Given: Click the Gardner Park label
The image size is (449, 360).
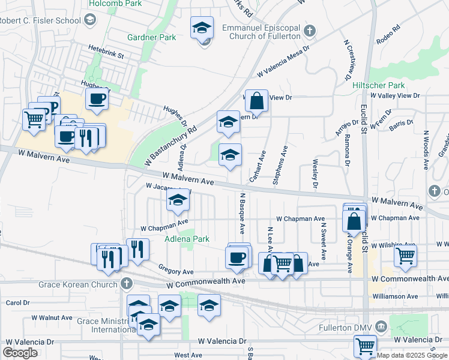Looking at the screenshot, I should [151, 37].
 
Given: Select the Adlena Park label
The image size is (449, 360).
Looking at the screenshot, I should [187, 239].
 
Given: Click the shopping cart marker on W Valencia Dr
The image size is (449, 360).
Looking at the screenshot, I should [366, 346].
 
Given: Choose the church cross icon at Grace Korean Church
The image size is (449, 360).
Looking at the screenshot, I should [126, 283].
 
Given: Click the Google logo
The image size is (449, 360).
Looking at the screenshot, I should [20, 353].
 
